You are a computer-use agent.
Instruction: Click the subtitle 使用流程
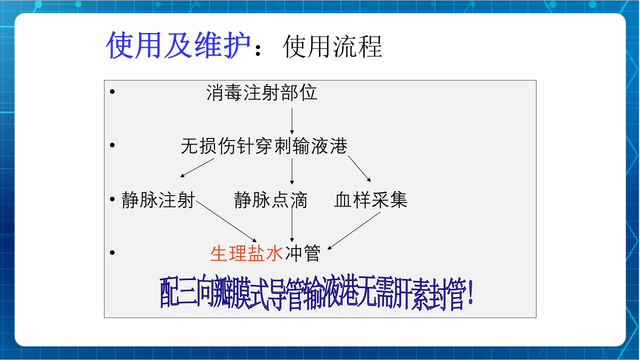pos(332,47)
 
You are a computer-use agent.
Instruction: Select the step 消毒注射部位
pos(262,93)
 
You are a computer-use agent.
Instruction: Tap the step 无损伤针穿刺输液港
pos(264,146)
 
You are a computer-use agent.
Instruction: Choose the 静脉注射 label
pos(158,200)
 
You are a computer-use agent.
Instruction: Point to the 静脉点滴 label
pos(270,200)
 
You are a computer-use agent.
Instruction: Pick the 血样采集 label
pos(371,200)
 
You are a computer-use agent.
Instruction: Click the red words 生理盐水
pos(247,253)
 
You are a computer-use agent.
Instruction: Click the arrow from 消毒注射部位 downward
pos(292,120)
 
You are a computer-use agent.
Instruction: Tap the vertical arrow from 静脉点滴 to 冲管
pos(292,225)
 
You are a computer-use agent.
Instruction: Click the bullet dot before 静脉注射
pos(112,199)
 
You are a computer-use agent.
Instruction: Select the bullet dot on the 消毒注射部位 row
pos(112,92)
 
